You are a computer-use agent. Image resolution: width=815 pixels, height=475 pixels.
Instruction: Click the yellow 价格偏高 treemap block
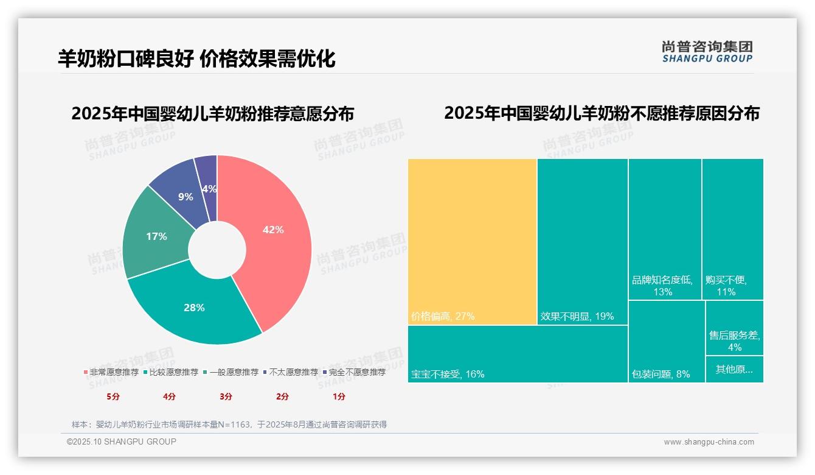click(x=472, y=241)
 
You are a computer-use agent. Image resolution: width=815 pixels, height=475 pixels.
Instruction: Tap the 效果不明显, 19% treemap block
click(x=582, y=241)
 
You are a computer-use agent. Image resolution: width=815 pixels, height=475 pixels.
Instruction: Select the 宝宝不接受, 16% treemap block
click(x=517, y=354)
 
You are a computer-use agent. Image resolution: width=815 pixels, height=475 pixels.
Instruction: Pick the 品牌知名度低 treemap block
click(x=665, y=229)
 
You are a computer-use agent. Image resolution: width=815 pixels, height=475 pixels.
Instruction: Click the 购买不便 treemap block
click(x=732, y=229)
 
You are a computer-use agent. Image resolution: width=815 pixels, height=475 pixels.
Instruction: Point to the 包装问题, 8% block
click(x=666, y=341)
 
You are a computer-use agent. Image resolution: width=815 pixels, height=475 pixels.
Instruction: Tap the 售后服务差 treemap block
click(x=734, y=328)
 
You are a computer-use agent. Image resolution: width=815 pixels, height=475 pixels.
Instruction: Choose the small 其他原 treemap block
click(x=734, y=369)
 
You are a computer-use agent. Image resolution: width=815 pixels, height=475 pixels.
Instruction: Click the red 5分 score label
click(x=113, y=396)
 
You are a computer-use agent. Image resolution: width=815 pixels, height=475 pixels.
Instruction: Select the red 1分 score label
click(x=339, y=396)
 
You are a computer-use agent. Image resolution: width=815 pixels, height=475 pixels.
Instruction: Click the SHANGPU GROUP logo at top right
click(x=707, y=52)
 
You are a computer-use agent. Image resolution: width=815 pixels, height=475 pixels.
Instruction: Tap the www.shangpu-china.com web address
click(x=709, y=442)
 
